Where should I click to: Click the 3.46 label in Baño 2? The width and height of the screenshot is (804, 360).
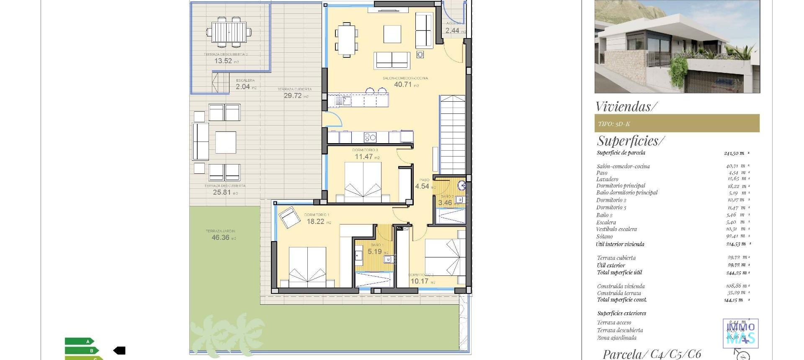(x=445, y=203)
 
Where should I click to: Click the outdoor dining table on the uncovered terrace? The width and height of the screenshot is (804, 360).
(x=229, y=32)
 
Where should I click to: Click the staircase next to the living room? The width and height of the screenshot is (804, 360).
(x=452, y=134)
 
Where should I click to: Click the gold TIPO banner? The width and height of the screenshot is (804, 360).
(x=677, y=123)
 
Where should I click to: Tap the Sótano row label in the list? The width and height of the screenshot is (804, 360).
(x=604, y=237)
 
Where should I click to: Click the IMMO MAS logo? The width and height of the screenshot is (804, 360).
(x=740, y=333)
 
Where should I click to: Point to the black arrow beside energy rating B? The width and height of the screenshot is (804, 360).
(x=119, y=350)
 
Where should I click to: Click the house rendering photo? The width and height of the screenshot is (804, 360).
(x=677, y=46)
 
